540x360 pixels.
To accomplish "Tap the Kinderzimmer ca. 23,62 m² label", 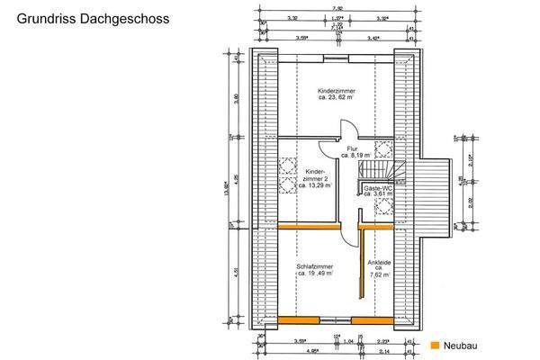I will click(336, 96).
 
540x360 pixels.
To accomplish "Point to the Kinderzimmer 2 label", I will click(315, 178).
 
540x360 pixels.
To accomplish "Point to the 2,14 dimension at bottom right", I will click(385, 351).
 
